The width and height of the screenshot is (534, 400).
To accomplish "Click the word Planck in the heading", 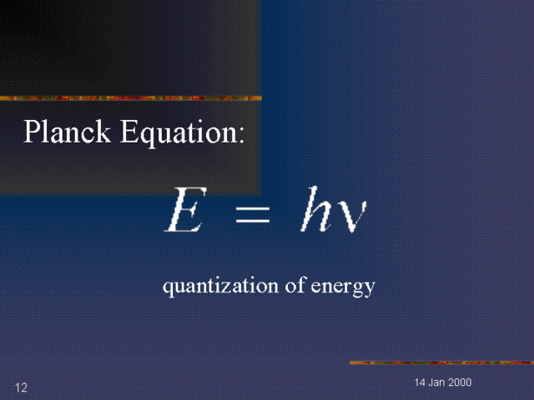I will (68, 132).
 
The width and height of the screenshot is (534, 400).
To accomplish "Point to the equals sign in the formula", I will (252, 215).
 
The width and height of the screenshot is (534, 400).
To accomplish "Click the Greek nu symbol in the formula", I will (350, 215).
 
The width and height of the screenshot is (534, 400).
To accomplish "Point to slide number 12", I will (21, 387).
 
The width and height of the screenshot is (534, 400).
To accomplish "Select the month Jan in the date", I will (437, 382).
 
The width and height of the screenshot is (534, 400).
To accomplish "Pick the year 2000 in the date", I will (461, 382).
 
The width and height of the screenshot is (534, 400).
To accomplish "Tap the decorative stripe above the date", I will (441, 362).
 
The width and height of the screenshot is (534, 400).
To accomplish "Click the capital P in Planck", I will (33, 132).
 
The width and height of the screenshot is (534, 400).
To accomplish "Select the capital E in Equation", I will (128, 132).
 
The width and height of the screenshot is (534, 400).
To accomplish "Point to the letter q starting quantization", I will (167, 289).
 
